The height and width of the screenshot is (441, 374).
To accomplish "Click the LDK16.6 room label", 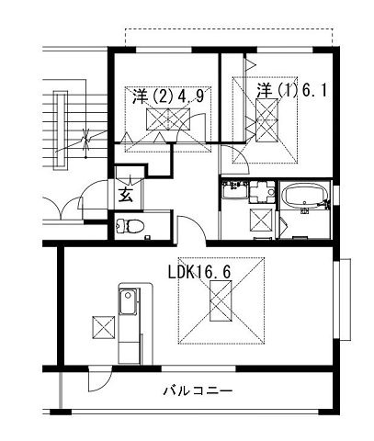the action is coord(199,272).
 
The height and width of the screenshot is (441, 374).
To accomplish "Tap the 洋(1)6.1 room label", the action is coord(290,91).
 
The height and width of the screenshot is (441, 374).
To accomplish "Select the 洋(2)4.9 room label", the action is coord(168,97).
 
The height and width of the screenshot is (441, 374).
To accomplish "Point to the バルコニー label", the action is coord(198,391).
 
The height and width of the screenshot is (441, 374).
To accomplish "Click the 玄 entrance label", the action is coord(126,195).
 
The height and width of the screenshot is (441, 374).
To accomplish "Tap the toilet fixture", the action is coord(130,226).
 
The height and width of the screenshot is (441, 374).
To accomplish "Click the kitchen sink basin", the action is coord(128,302).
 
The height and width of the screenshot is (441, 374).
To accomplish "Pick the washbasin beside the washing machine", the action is coord(234,190).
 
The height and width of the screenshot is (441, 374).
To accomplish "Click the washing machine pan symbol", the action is coord(263,192).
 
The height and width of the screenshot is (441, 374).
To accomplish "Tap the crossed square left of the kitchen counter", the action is coord(103,327).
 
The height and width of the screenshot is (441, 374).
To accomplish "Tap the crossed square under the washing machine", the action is coord(262,220).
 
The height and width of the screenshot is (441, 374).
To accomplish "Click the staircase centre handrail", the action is coord(60,130).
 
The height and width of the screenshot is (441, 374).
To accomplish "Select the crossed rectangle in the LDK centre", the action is coord(221,301).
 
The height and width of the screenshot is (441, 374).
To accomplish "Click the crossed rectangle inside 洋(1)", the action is coord(267,120).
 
